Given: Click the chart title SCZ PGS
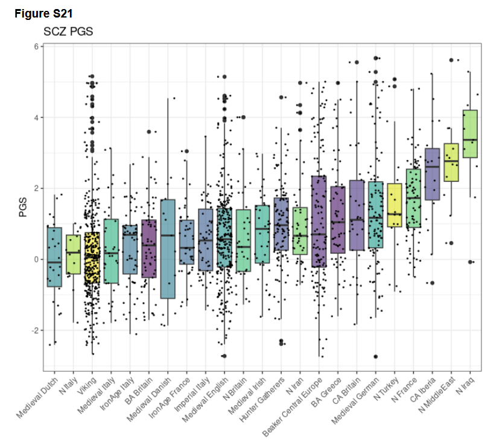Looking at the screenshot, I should click(68, 31).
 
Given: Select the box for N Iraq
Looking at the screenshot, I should click(469, 134).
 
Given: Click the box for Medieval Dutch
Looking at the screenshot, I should click(54, 257).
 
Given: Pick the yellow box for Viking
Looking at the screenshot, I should click(92, 257).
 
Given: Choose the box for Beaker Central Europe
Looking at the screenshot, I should click(319, 221).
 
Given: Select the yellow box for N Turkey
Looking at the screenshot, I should click(394, 205).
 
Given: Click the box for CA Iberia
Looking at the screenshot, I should click(432, 174).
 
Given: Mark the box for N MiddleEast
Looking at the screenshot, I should click(451, 162).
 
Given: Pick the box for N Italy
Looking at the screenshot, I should click(73, 254).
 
